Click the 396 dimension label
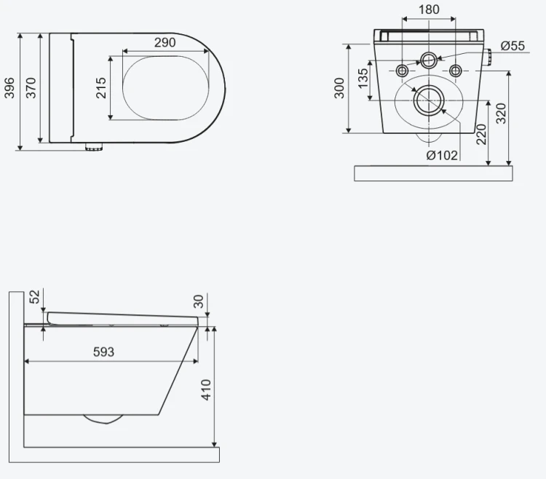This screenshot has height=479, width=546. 9,88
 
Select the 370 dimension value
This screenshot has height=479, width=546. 31,88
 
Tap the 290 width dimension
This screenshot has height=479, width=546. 165,42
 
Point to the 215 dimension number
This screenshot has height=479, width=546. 100,88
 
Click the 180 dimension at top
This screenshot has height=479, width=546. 429,9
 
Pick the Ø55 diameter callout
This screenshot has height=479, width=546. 513,46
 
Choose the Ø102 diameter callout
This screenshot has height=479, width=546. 442,155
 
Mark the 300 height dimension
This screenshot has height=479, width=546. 339,88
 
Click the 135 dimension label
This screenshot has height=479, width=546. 363,79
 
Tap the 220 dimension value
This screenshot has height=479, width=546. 481,135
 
